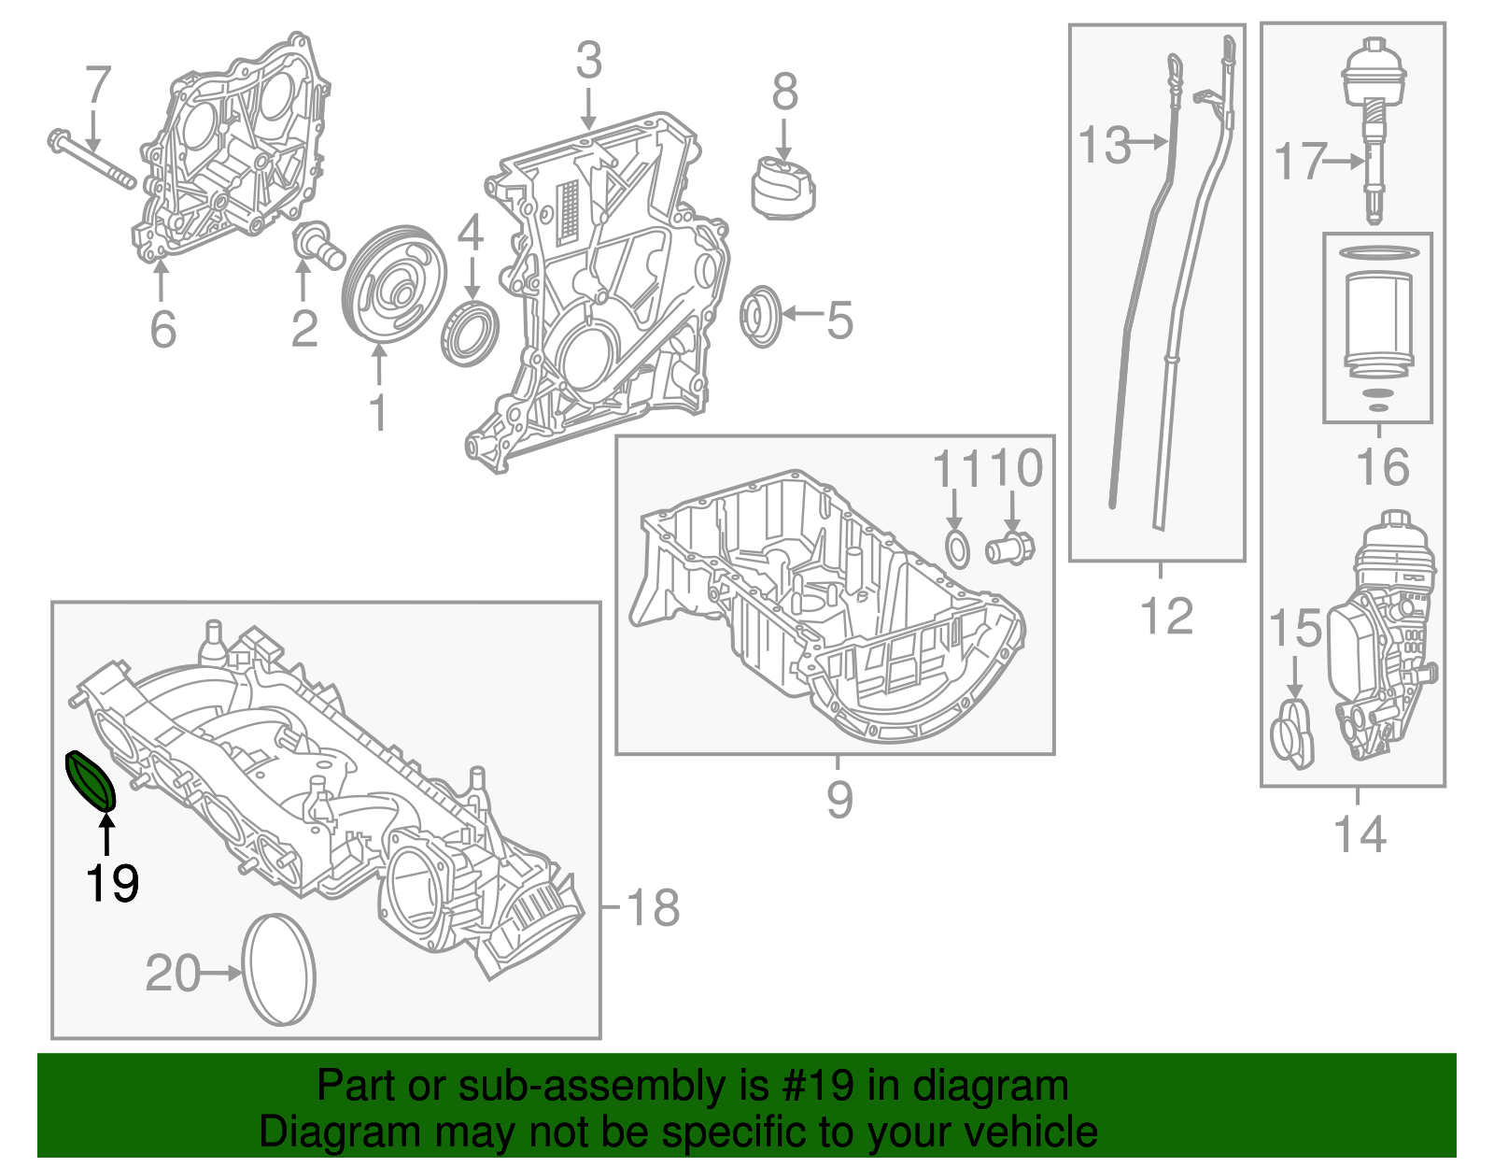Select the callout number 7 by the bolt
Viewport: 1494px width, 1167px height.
click(98, 86)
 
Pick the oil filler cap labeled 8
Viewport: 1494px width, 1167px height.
click(782, 188)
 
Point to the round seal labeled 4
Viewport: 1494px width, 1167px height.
click(470, 333)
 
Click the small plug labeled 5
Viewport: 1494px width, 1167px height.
click(761, 318)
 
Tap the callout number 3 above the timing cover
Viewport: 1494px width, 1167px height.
click(588, 61)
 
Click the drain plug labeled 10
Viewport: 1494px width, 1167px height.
click(1011, 548)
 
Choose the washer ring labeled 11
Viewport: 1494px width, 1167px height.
click(957, 548)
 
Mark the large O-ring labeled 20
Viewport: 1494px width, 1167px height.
click(278, 970)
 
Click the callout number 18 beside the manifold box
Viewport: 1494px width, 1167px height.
click(652, 907)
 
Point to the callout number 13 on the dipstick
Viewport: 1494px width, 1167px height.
click(1104, 146)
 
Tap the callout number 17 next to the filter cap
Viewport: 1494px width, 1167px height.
click(1300, 161)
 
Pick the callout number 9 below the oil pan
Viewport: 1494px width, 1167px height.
click(839, 800)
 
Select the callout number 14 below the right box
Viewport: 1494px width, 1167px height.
click(1360, 833)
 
